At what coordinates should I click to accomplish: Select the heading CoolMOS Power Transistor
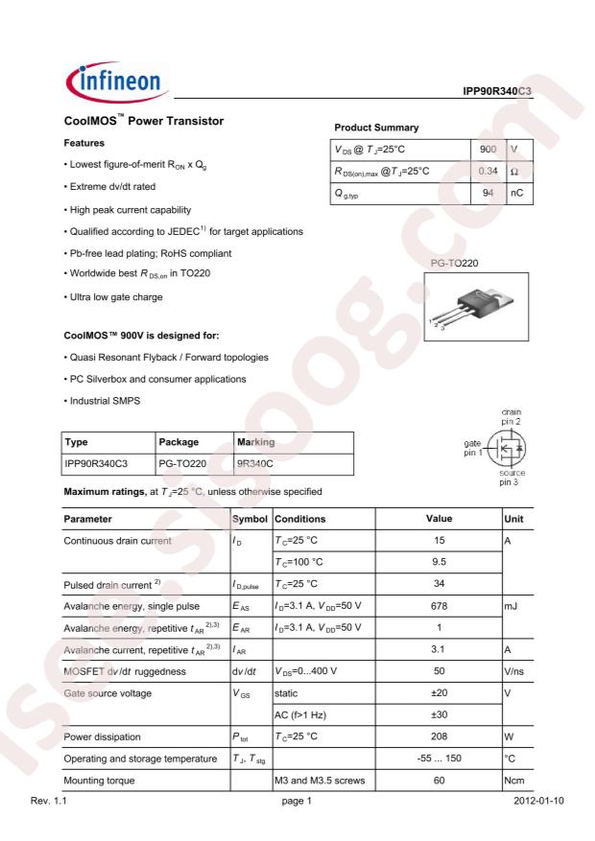click(143, 122)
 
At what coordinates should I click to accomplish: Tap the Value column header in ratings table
click(438, 519)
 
